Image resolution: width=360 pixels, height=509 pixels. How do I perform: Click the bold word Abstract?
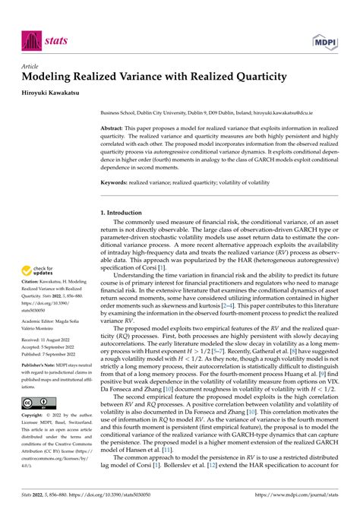(113, 129)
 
